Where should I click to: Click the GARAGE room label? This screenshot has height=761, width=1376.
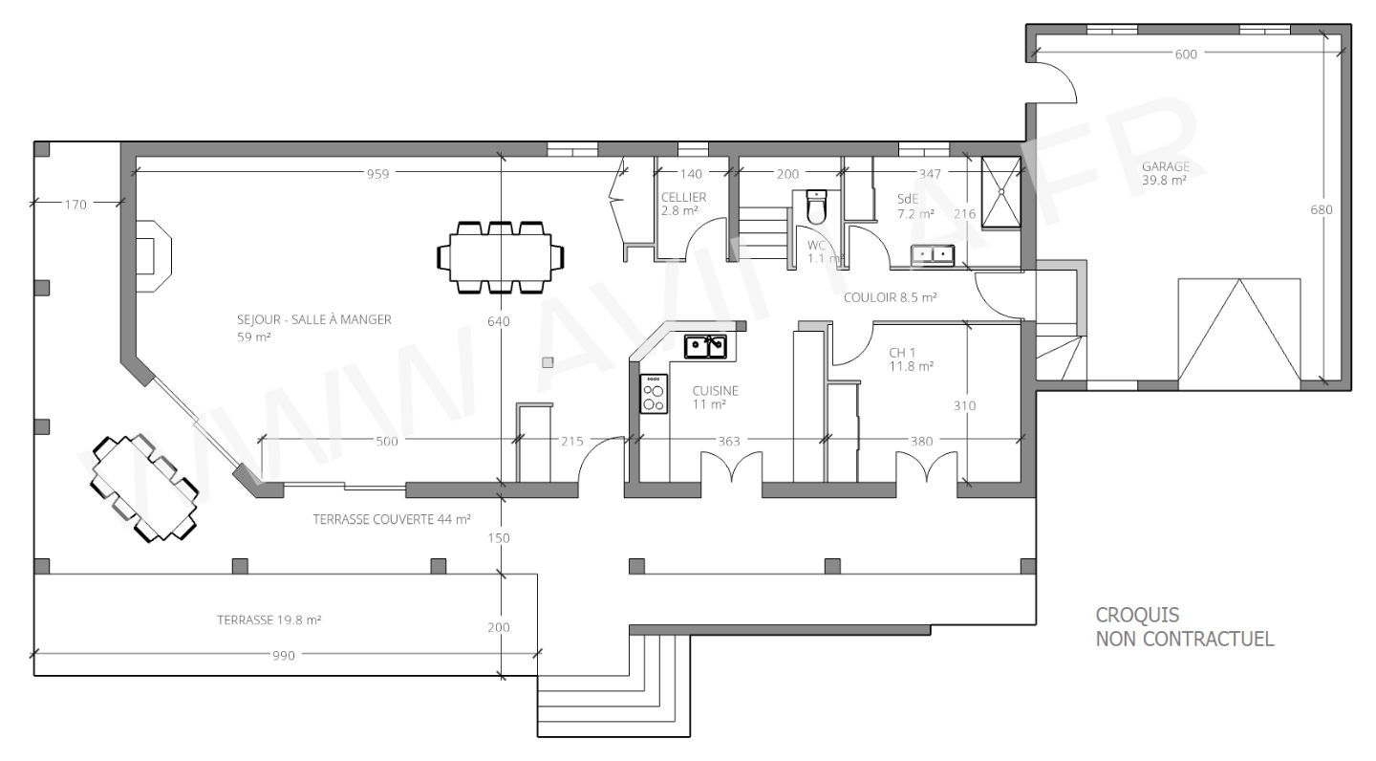1165,172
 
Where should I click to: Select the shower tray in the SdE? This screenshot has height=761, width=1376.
1000,191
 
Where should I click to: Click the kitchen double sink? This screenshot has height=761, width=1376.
705,345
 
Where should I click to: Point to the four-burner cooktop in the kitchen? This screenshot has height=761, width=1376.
654,393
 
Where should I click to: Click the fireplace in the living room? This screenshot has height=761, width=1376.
152,254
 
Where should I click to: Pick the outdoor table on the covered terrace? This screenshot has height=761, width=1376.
144,488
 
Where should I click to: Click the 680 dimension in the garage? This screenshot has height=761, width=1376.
1322,209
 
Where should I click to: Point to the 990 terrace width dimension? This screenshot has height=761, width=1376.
284,655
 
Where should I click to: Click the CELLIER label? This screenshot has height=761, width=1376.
683,197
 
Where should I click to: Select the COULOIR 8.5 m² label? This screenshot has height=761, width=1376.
889,297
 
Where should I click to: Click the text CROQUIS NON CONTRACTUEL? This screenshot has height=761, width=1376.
1184,627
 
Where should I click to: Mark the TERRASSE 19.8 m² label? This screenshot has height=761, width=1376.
269,620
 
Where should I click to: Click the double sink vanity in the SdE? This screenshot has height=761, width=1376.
932,253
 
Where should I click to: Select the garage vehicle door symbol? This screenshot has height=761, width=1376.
1238,330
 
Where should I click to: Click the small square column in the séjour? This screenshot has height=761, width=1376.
547,361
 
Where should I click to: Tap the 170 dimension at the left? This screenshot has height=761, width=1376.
76,204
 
